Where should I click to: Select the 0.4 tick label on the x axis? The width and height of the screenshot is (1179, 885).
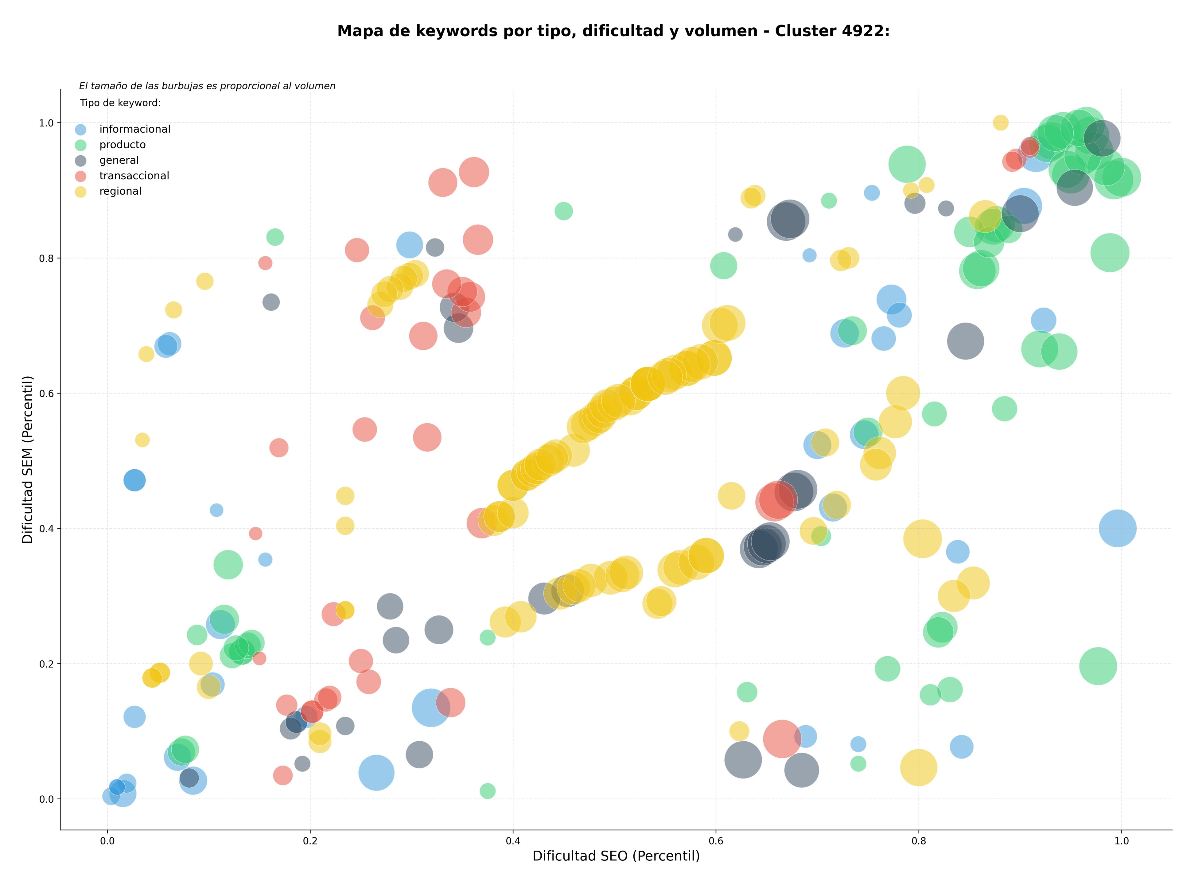513,841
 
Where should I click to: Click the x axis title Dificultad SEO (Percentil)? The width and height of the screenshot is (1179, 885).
616,856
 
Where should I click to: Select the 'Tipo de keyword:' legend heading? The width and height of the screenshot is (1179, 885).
120,103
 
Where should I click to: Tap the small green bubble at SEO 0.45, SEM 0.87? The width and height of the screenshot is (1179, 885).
563,211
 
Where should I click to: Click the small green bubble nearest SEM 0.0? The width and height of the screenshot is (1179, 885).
487,791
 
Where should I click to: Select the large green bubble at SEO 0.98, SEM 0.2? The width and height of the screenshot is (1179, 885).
1098,666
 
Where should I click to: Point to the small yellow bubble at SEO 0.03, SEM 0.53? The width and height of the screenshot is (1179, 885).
142,440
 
